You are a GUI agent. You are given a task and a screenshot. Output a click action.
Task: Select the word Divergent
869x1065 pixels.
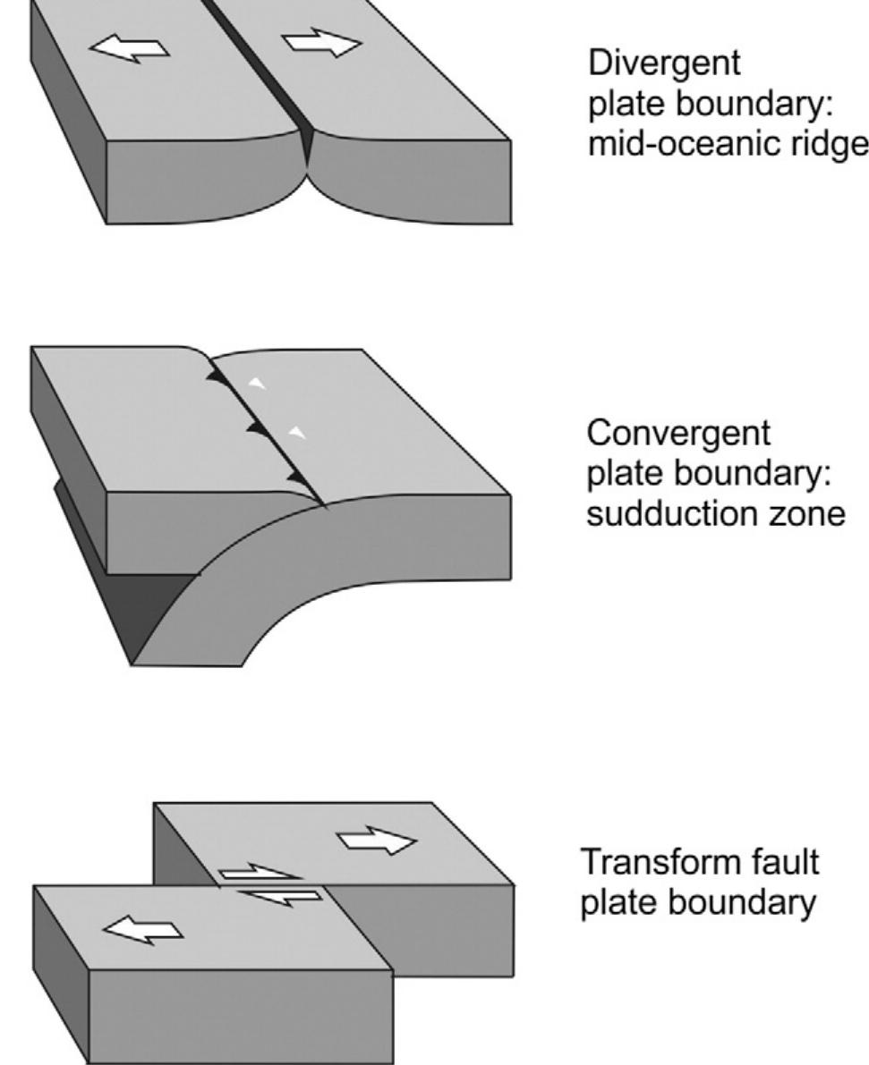tap(664, 63)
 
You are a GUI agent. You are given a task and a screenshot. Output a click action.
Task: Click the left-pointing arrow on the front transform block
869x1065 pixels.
tap(145, 927)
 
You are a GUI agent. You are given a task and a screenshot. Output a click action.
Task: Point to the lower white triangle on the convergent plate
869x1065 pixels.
tap(298, 434)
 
